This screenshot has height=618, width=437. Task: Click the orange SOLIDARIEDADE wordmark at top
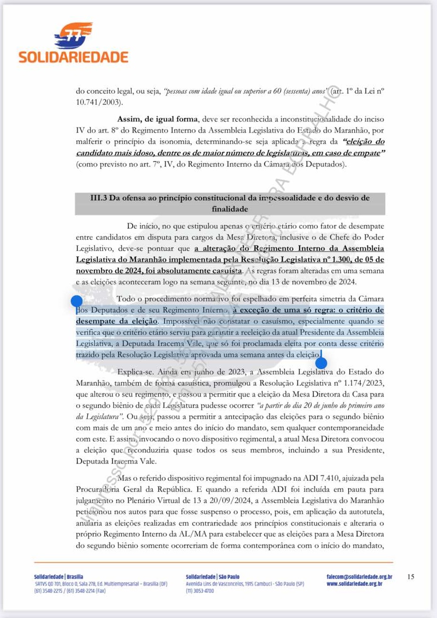73,57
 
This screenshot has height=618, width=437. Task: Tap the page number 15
410,577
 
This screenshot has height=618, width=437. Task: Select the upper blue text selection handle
77,301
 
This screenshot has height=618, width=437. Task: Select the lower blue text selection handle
321,363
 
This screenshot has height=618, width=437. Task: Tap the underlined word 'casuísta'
225,271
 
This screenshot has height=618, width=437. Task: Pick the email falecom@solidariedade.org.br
359,577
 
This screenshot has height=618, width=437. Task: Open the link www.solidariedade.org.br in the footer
355,584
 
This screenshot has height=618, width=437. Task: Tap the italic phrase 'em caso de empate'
348,153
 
